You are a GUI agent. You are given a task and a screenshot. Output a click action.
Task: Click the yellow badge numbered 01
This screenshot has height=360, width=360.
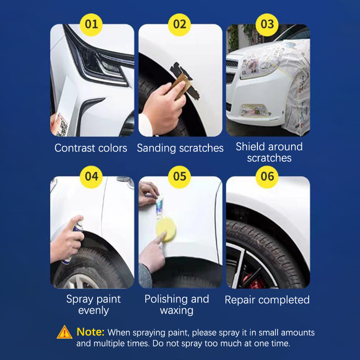91,25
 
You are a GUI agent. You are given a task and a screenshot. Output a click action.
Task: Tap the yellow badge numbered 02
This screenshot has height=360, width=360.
179,25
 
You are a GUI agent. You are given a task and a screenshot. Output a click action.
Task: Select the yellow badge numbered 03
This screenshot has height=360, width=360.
267,25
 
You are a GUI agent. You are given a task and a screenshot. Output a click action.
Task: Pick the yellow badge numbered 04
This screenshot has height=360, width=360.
91,177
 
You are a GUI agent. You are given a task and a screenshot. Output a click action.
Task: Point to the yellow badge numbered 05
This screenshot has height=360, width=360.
179,177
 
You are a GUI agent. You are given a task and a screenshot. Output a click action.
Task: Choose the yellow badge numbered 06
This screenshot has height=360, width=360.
267,177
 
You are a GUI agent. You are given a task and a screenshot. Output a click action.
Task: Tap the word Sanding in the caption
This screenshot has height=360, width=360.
157,148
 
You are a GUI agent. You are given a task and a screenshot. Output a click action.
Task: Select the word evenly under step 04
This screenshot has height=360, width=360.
93,310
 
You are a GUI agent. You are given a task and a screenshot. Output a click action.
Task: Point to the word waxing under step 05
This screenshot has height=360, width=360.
176,310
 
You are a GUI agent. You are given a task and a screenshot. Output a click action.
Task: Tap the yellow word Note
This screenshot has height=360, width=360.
90,332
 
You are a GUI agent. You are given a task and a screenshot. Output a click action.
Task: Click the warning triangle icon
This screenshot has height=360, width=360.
64,332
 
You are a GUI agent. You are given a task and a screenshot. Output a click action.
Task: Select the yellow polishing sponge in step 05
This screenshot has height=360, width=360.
166,229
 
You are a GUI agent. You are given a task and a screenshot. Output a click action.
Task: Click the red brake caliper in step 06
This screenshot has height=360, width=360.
253,280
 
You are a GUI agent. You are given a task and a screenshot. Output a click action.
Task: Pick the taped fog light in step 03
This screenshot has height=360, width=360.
254,110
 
